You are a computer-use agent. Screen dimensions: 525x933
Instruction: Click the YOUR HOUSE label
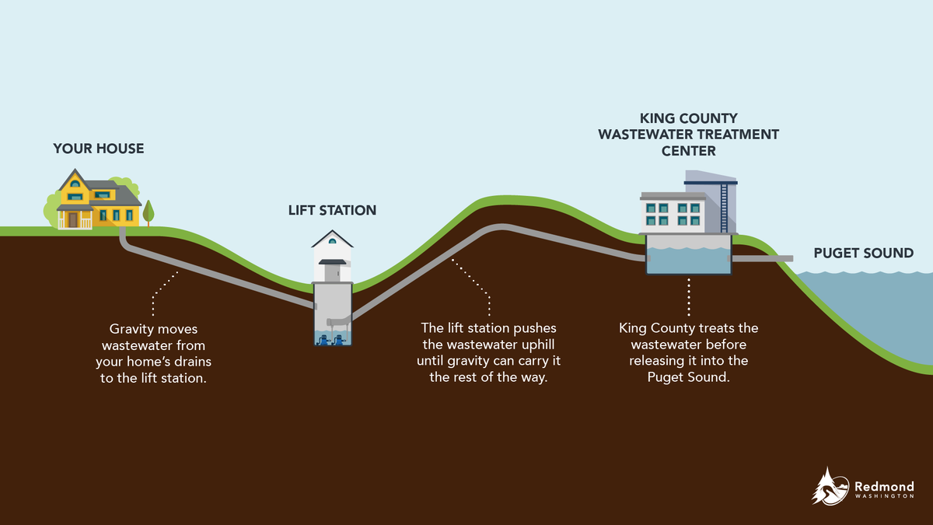99,148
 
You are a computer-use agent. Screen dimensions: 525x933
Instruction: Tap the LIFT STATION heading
332,210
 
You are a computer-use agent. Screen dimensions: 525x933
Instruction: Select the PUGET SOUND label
863,253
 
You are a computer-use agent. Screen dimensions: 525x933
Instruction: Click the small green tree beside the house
148,211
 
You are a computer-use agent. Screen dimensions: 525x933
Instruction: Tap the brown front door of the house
73,220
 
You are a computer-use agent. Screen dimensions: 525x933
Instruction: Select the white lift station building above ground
332,257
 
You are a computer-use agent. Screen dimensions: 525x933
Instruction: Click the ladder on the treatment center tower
725,206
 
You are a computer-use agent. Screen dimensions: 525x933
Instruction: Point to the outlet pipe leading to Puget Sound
762,258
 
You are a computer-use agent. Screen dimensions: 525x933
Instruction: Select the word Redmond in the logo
884,485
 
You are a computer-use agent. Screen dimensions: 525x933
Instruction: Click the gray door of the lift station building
332,275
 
